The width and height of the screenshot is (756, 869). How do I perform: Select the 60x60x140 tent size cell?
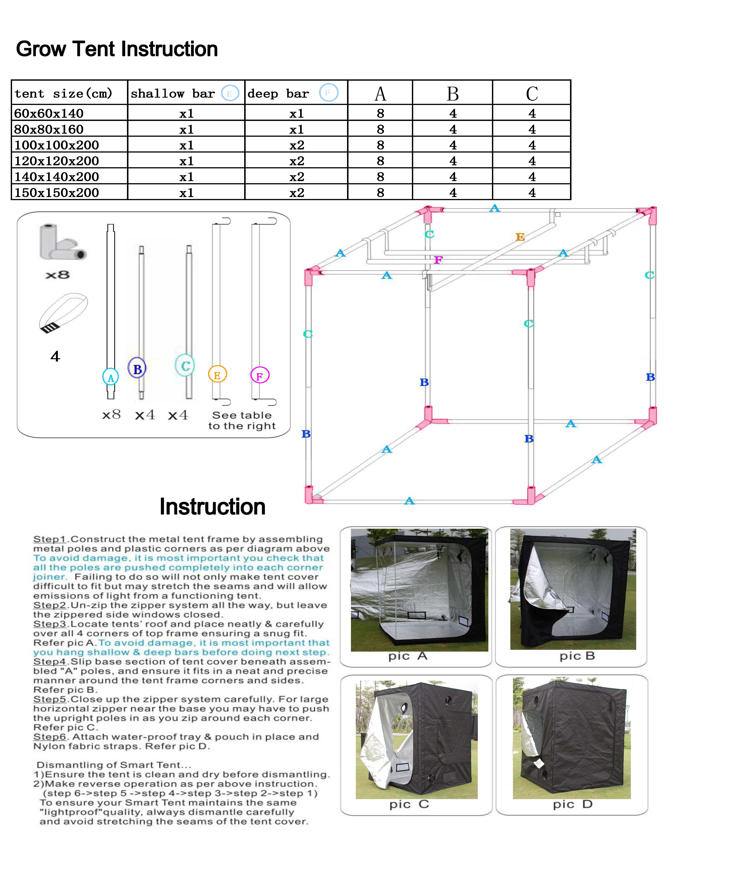[49, 113]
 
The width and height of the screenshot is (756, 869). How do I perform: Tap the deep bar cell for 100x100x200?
[296, 145]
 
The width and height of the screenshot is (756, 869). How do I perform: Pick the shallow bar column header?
[173, 93]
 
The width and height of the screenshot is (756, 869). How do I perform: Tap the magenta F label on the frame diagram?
[438, 260]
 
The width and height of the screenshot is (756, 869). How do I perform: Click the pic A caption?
[408, 656]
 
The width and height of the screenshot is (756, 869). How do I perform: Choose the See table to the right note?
[242, 421]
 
